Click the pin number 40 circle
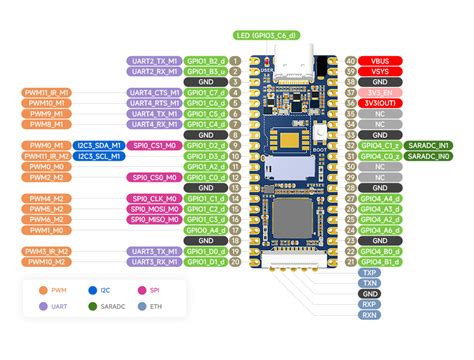[350, 61]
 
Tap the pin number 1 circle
[235, 61]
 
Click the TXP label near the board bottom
[371, 271]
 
